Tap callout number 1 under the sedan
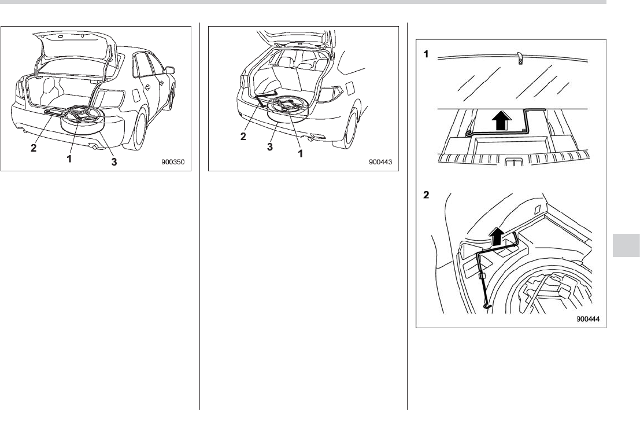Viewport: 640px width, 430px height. pyautogui.click(x=69, y=158)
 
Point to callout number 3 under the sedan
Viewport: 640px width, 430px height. pyautogui.click(x=114, y=163)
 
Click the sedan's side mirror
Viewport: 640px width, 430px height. pyautogui.click(x=169, y=70)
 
